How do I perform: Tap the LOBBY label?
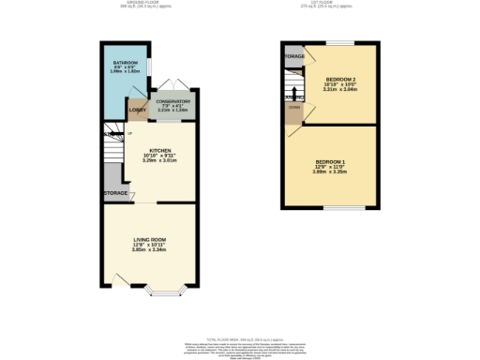[x=137, y=109]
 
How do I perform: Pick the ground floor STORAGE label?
[x=115, y=193]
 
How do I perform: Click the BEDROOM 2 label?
[x=340, y=80]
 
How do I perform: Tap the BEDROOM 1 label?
[x=331, y=162]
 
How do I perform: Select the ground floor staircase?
[x=114, y=150]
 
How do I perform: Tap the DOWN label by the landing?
[x=293, y=120]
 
